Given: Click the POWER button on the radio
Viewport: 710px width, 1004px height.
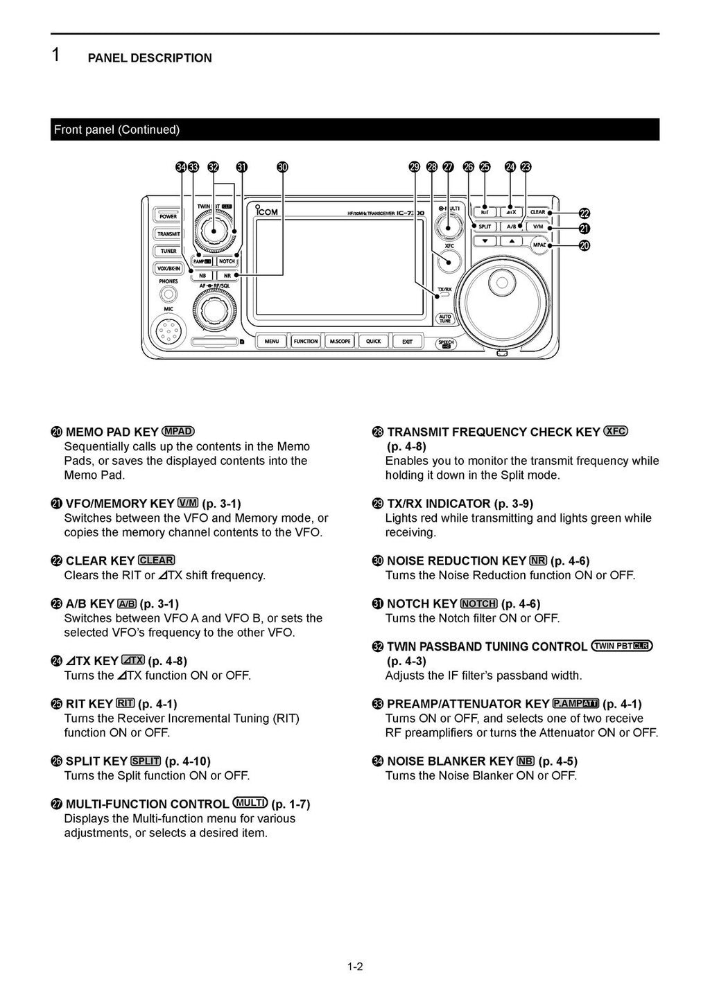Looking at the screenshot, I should point(168,216).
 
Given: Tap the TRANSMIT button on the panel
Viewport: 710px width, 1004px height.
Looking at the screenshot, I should point(168,234).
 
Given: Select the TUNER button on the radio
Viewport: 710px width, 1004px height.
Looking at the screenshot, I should point(168,251).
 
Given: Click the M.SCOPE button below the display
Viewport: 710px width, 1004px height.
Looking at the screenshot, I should point(340,341).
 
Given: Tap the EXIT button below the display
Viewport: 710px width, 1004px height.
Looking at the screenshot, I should point(407,341).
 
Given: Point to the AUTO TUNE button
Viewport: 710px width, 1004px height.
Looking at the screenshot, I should point(444,319).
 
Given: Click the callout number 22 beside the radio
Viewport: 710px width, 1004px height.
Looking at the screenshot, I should point(584,213).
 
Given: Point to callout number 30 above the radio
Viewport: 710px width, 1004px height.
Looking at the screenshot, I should point(282,167).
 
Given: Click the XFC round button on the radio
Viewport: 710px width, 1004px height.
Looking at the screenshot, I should point(449,263).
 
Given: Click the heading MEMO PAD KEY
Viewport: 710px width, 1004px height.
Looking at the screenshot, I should point(112,432).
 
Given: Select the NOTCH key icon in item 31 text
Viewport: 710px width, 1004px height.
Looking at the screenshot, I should point(478,604).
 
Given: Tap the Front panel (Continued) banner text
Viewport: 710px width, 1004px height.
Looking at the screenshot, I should point(116,130).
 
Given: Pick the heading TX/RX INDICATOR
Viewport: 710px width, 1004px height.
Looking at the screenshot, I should point(438,504).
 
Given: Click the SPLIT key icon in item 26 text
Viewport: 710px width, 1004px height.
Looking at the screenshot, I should point(146,761).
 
